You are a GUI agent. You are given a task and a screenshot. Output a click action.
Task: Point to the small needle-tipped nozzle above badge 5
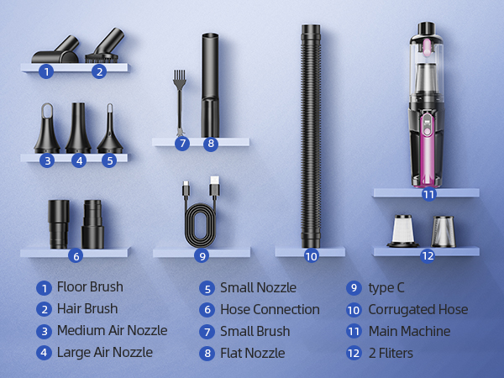coord(109,134)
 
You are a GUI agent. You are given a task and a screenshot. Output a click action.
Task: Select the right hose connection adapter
coord(92,223)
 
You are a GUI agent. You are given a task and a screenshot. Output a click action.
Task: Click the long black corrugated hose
coord(311,134)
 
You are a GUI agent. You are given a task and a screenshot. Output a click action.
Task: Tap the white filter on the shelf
coord(402,229)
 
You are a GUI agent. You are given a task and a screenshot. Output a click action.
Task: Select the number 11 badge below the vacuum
coord(428,194)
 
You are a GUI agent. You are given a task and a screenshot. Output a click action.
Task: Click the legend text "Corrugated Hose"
coord(417,309)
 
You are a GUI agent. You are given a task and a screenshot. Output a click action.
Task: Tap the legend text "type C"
coord(386,287)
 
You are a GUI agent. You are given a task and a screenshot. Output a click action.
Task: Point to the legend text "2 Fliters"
coord(391,353)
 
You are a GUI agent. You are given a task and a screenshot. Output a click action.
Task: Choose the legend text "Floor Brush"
coord(90,287)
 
